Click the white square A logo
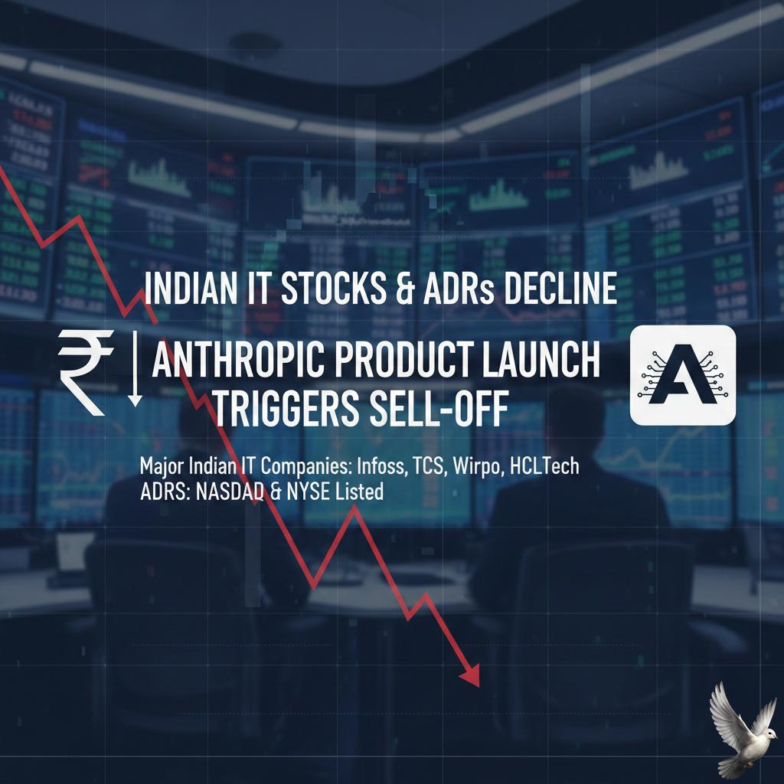(x=682, y=375)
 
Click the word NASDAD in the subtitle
(x=230, y=492)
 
